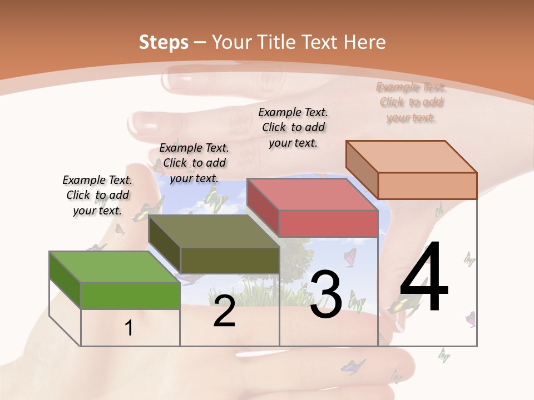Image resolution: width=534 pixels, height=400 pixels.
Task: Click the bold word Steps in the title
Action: click(164, 42)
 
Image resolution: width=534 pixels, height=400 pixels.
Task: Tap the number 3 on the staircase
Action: click(326, 294)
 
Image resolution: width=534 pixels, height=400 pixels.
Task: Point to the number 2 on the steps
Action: click(224, 311)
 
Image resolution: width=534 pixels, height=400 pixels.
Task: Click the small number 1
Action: click(129, 328)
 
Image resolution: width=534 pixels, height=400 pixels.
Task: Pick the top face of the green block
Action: click(114, 267)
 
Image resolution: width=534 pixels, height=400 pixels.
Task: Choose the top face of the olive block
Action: click(214, 231)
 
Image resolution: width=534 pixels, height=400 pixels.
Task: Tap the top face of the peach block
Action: click(412, 157)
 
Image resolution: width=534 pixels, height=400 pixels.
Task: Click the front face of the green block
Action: click(130, 296)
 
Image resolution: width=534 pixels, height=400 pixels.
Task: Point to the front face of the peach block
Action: click(427, 186)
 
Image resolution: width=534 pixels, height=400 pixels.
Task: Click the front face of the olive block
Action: click(229, 260)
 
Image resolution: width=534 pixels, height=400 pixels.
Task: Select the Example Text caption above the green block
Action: click(97, 195)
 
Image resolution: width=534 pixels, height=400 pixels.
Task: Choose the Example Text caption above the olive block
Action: click(194, 163)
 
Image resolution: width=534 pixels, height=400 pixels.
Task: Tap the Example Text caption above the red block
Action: click(293, 127)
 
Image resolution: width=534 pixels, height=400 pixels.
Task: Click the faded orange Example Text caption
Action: click(411, 102)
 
